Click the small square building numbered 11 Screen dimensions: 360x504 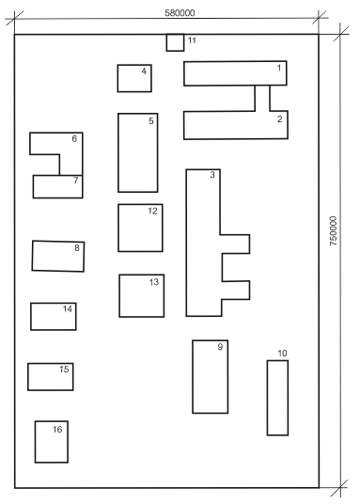coord(175,42)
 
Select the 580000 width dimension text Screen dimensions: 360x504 coord(180,13)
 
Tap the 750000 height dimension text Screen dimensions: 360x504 coord(334,230)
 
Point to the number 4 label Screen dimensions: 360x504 coord(144,71)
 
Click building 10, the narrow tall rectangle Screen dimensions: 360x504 coord(277,398)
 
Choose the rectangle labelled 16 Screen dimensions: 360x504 coord(52,442)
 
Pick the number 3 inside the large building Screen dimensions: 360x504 coord(212,175)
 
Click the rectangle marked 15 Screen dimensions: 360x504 coord(51,377)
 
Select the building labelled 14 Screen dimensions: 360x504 coord(54,316)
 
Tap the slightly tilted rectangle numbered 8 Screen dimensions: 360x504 coord(58,256)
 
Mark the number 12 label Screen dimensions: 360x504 coord(152,211)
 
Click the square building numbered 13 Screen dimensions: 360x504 coord(142,295)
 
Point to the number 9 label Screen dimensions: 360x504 coord(220,346)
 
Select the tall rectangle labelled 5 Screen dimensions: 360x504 coord(138,152)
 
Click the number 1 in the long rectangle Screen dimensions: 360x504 coord(279,68)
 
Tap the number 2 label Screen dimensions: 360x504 coord(280,118)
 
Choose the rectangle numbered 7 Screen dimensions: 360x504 coord(58,186)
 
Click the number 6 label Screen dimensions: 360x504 coord(74,138)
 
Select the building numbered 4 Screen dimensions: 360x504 coord(134,78)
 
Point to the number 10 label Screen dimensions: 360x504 coord(282,354)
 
